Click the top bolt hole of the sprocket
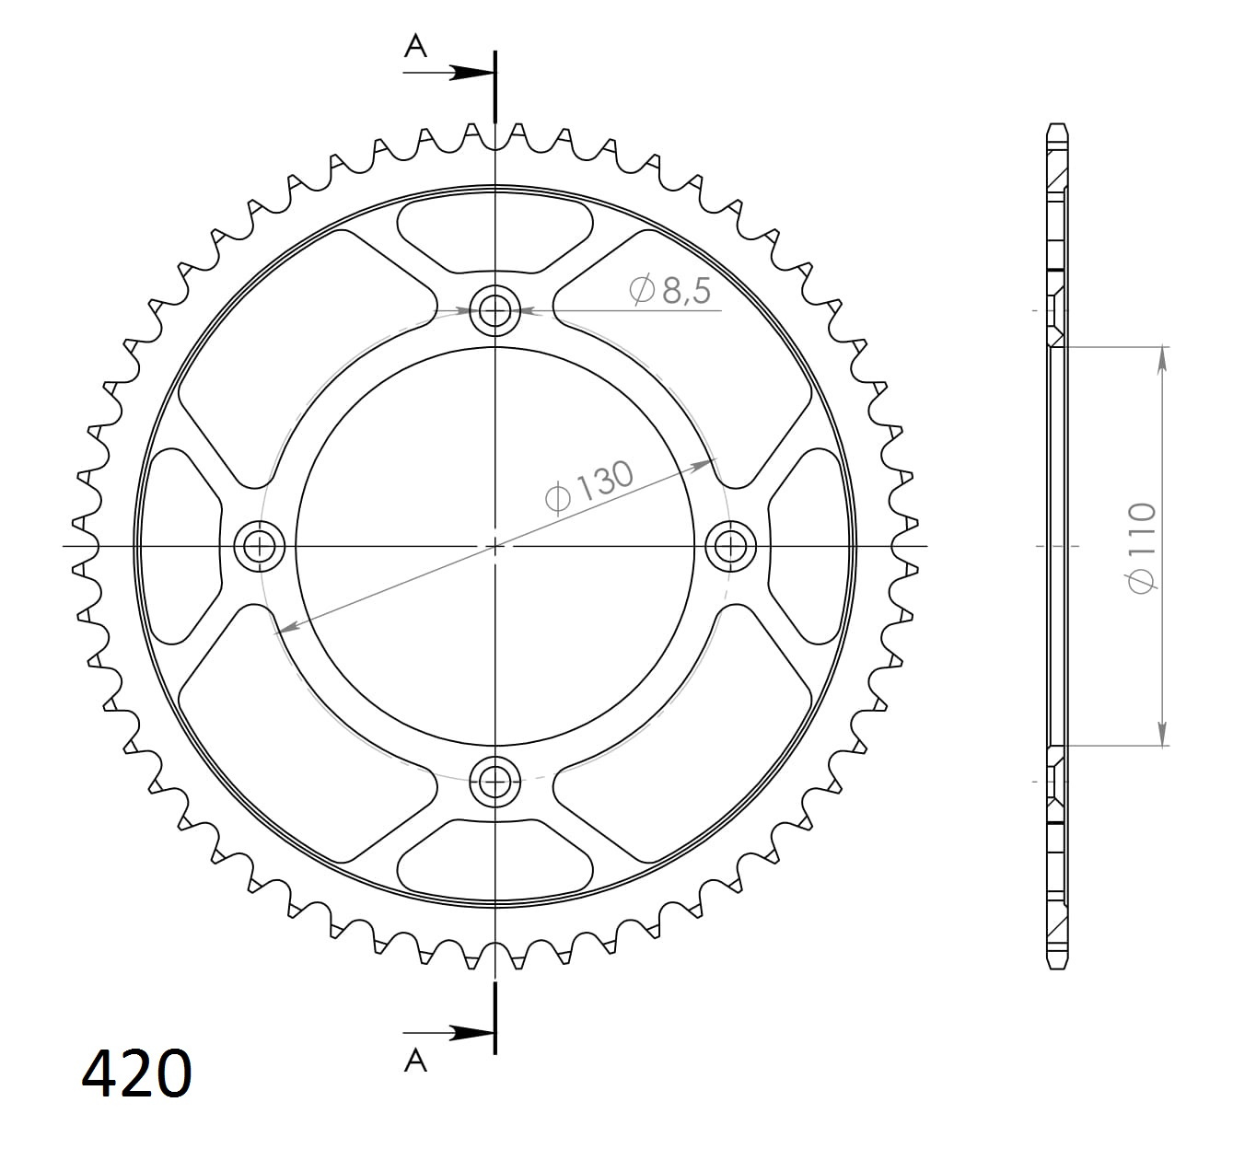click(x=494, y=310)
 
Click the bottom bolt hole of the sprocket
click(x=494, y=782)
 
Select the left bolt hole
click(x=260, y=547)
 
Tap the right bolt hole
click(x=731, y=547)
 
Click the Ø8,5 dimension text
click(x=669, y=290)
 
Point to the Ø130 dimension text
click(x=589, y=487)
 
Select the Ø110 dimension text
click(x=1141, y=548)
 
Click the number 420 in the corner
click(x=136, y=1073)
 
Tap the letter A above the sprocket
click(x=415, y=46)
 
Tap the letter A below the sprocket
click(x=415, y=1061)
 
